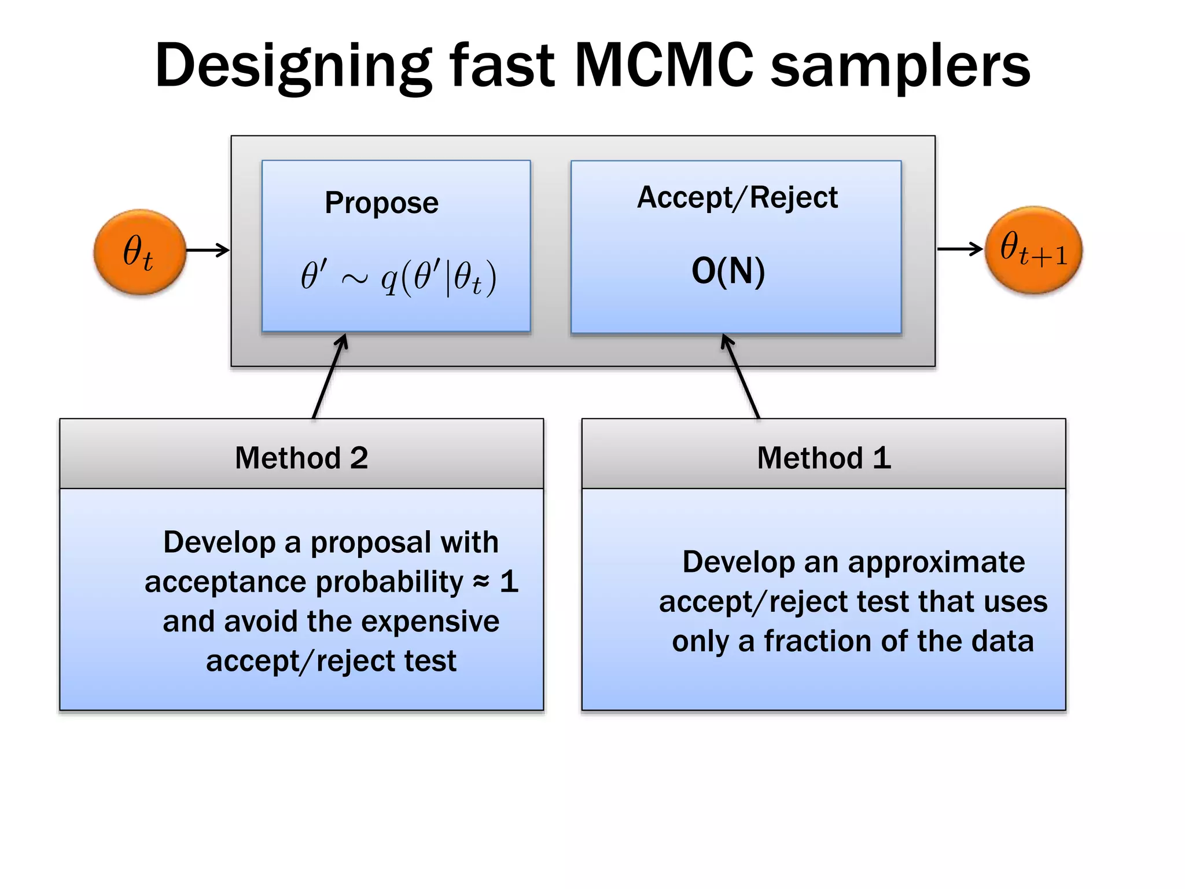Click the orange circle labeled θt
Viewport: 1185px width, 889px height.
tap(139, 252)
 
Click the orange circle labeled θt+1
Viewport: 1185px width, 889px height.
tap(1033, 250)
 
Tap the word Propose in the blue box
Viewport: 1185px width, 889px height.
tap(381, 203)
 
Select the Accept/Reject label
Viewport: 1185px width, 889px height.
tap(737, 197)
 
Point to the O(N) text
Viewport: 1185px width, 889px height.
tap(728, 271)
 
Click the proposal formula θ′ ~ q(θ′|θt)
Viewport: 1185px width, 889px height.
tap(398, 277)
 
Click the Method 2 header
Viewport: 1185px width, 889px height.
tap(301, 458)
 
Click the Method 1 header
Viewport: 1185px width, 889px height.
tap(823, 458)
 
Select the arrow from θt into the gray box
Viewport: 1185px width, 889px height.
tap(208, 250)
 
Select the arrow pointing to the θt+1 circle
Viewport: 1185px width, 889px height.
tap(959, 249)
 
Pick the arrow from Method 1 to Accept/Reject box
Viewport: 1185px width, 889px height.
tap(741, 376)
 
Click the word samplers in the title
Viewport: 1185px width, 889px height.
tap(900, 66)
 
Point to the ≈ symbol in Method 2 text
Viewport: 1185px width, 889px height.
tap(481, 581)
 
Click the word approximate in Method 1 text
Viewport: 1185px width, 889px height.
tap(936, 562)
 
